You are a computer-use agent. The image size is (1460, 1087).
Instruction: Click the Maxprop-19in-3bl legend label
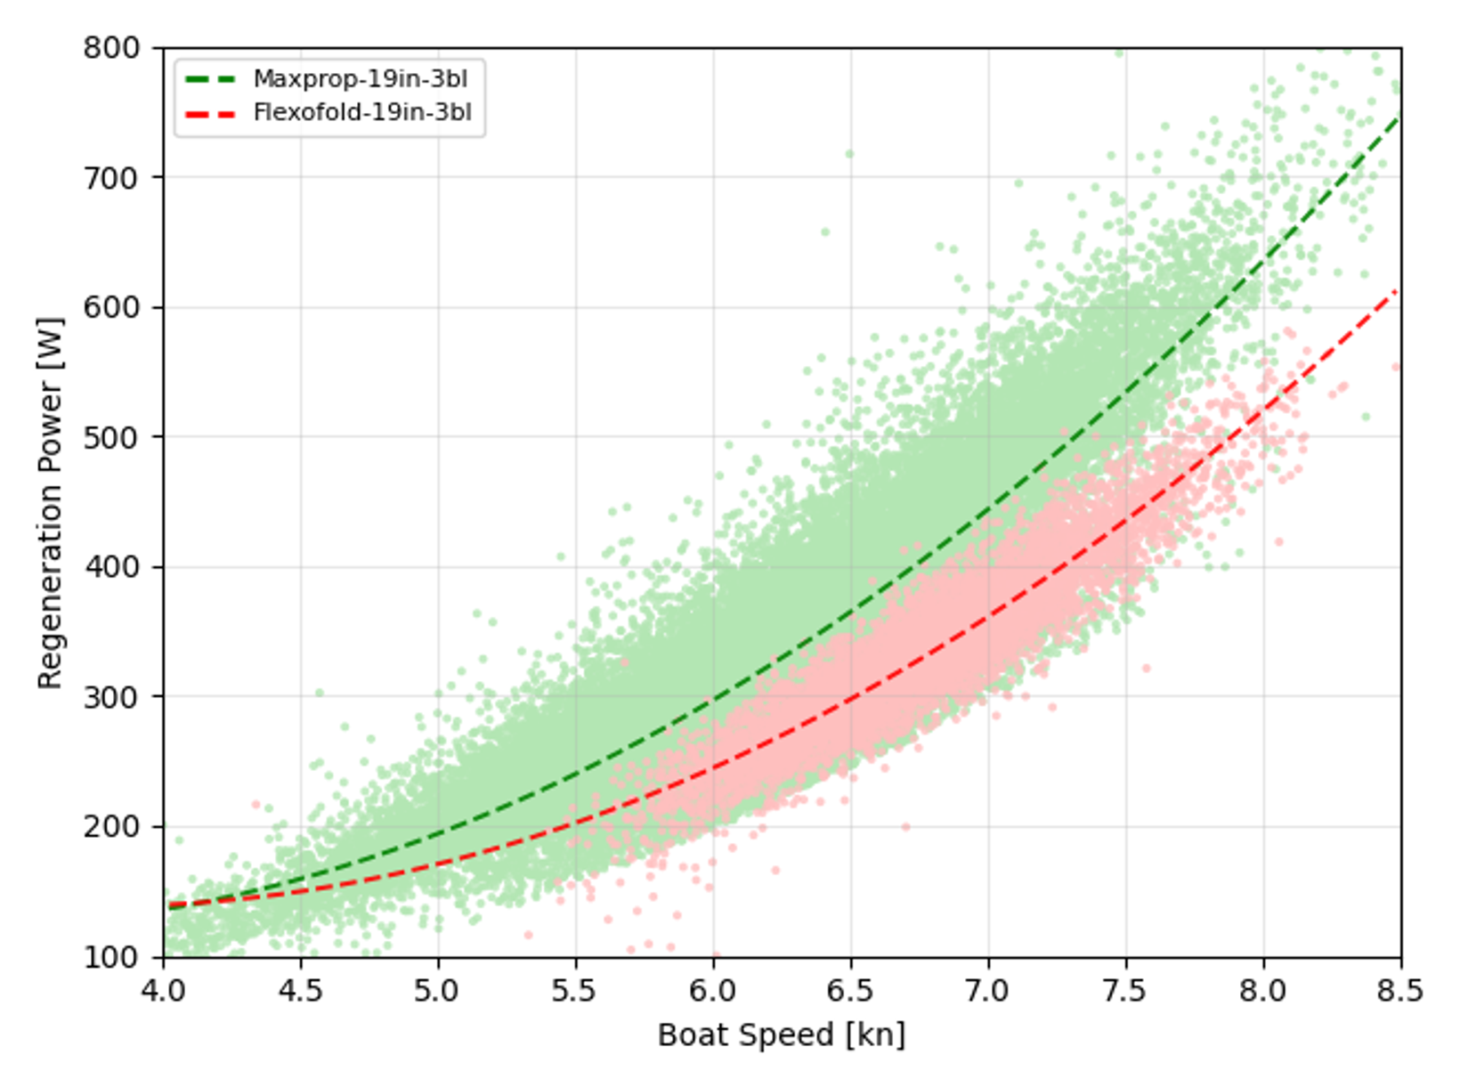[360, 79]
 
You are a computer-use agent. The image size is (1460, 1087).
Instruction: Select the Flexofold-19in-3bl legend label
[362, 113]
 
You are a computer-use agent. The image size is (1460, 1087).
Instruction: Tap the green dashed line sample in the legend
[211, 79]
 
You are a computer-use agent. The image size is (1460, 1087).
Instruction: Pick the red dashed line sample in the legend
[211, 113]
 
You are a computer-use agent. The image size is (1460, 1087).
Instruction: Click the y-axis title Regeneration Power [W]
[50, 503]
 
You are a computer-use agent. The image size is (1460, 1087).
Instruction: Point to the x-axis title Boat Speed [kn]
[781, 1034]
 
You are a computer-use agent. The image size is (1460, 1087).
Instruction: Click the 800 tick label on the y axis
[112, 47]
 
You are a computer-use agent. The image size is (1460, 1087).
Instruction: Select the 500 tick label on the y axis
[112, 437]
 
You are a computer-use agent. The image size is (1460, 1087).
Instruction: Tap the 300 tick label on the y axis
[112, 697]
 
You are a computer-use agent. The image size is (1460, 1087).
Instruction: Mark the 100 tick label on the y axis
[112, 957]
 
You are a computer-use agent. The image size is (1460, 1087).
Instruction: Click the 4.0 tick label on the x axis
[164, 990]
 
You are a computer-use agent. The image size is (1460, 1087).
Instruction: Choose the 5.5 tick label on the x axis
[576, 990]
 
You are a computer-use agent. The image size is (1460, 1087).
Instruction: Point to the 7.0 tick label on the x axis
[988, 990]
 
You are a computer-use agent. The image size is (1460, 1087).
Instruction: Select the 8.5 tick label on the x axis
[1400, 990]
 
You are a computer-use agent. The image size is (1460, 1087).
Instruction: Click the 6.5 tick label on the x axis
[851, 990]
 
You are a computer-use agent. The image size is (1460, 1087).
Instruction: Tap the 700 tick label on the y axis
[112, 177]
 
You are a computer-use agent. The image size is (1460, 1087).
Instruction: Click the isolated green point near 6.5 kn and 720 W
[849, 154]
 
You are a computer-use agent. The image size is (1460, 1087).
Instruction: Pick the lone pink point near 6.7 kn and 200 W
[905, 827]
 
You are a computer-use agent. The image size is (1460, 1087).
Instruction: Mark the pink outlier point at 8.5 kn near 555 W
[1396, 367]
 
